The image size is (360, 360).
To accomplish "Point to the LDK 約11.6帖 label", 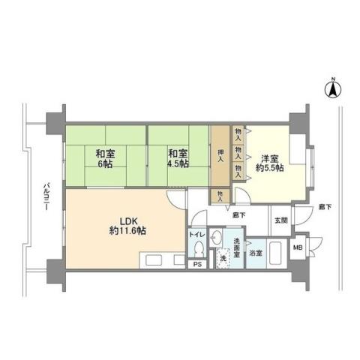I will pos(125,225).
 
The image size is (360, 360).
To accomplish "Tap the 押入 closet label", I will pos(220,158).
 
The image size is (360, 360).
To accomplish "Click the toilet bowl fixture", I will pos(198,250).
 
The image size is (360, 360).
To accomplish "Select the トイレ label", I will pos(197,235).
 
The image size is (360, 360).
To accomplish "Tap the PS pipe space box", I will pos(198,264).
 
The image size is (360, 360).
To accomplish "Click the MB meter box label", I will pos(298,247).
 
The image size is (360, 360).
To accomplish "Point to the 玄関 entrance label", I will pos(280,220).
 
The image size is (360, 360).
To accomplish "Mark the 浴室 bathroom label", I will pos(256,253).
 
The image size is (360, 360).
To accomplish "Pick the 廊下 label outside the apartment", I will pos(324,205).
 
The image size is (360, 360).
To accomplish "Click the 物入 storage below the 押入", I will pos(220,195).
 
